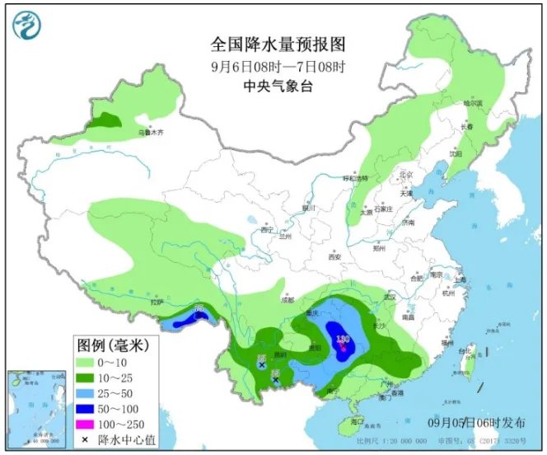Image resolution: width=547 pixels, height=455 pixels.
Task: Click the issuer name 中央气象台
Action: coord(267,86)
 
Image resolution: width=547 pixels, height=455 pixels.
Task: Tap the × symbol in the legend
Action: coord(85,438)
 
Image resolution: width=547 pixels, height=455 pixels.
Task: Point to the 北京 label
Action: coord(404,175)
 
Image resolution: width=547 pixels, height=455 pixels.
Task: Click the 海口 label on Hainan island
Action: coord(356,421)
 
